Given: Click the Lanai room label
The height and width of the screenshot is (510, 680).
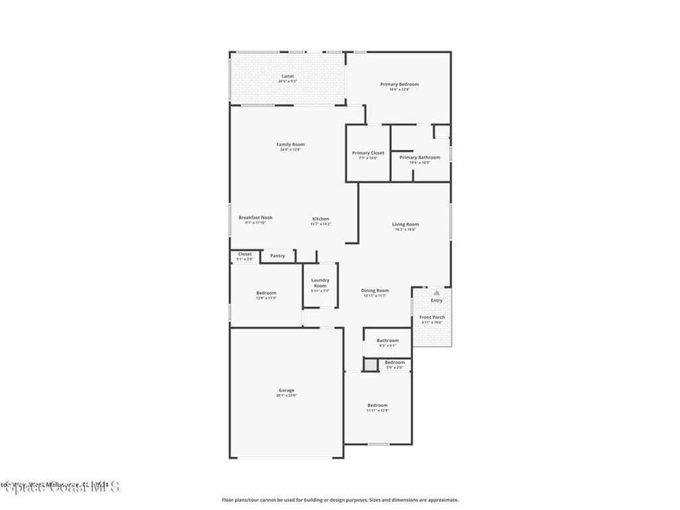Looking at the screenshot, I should click(x=288, y=76).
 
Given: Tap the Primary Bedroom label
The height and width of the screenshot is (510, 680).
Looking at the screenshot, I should click(x=399, y=84).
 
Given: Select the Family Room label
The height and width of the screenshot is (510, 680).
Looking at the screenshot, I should click(x=290, y=144).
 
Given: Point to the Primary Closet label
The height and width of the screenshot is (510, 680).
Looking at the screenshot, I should click(x=368, y=153).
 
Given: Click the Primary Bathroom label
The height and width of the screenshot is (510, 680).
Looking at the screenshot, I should click(x=420, y=157).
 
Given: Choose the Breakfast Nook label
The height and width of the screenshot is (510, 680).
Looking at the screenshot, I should click(x=255, y=217).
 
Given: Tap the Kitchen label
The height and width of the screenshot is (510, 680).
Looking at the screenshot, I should click(x=321, y=219).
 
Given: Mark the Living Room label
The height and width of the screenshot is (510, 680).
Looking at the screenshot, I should click(x=405, y=224).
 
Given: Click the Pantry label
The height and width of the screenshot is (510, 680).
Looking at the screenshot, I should click(x=278, y=256).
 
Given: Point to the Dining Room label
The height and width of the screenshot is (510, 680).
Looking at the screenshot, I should click(x=375, y=290).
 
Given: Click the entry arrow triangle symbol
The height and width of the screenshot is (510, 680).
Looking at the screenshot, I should click(x=436, y=292).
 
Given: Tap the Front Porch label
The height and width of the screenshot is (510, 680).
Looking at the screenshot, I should click(x=432, y=317).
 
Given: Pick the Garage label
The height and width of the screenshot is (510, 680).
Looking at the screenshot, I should click(x=286, y=390).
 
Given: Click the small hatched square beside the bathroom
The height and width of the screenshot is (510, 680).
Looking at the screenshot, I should click(x=369, y=364).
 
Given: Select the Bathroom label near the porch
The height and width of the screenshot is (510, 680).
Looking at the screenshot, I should click(x=388, y=341).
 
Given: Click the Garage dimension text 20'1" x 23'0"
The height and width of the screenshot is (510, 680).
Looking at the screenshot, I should click(x=286, y=395).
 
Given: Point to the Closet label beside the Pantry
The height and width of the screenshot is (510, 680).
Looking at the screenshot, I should click(x=244, y=254).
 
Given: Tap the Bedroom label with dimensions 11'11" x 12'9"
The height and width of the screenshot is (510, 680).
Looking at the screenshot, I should click(x=377, y=405).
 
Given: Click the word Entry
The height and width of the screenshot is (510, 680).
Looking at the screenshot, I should click(x=436, y=301).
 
